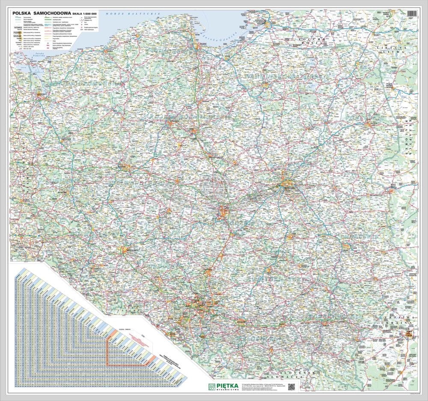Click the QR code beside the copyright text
tap(291, 386)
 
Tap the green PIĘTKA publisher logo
tap(222, 386)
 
